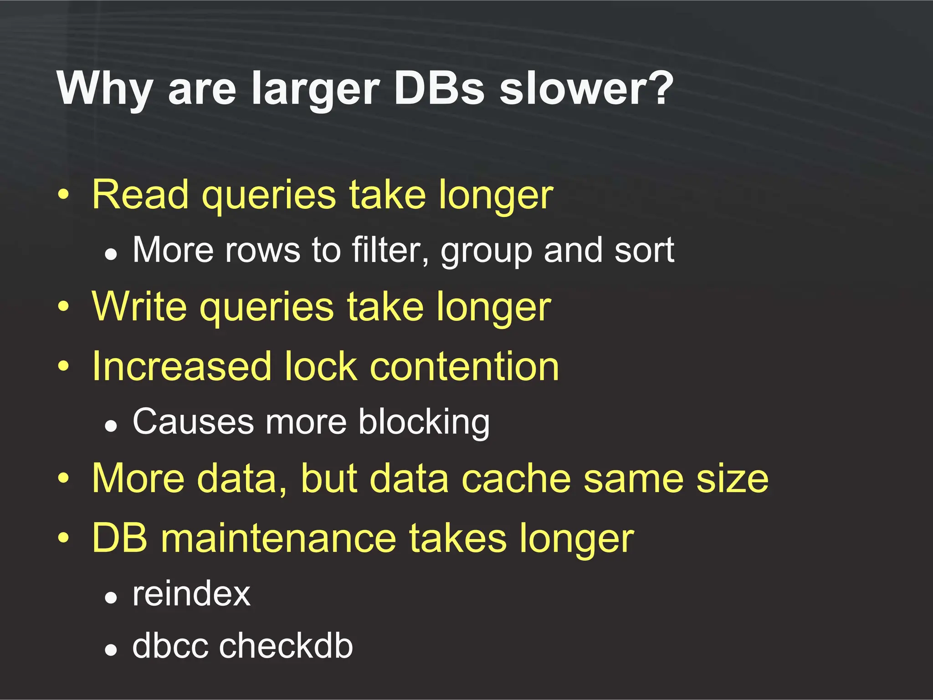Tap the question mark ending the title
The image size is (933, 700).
pos(656,87)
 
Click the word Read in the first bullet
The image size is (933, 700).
pos(140,195)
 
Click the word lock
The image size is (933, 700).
pos(321,366)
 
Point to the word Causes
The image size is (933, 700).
pos(193,422)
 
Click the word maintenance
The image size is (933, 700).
pos(278,538)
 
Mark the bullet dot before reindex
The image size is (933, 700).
pos(111,597)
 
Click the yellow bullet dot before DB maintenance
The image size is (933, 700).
pos(64,538)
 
